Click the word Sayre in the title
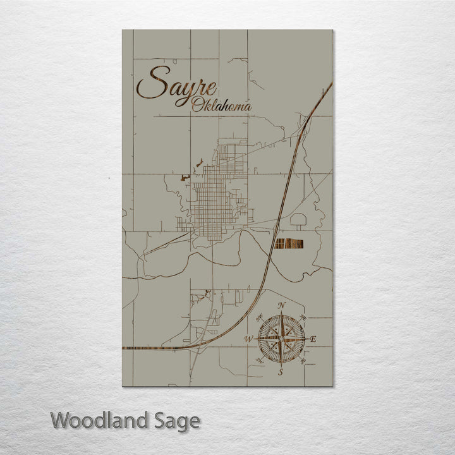point(176,84)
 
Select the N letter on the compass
point(281,306)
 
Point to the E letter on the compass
point(314,339)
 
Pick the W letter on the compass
point(248,339)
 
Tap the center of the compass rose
point(281,339)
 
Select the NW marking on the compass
point(259,316)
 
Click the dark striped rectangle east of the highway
point(289,243)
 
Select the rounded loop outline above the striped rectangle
point(298,221)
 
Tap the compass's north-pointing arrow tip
point(281,313)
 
